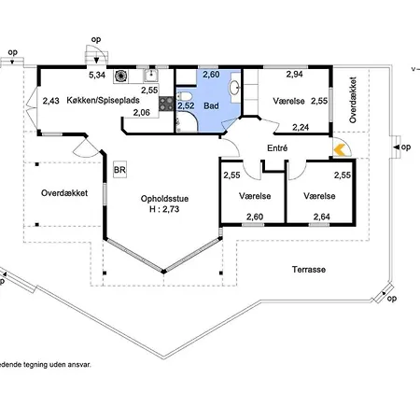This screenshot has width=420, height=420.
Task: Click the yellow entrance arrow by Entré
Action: (340, 150)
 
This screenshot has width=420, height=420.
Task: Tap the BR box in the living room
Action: (119, 170)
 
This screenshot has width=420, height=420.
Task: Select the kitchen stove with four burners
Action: (166, 104)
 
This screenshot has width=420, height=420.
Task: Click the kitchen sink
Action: (151, 76)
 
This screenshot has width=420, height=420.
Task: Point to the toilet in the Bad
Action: (183, 96)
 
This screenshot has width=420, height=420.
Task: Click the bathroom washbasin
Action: (234, 87)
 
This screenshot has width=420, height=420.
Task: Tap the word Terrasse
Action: (309, 270)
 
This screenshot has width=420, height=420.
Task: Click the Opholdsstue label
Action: (164, 199)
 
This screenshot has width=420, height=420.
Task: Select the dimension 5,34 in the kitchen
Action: (97, 75)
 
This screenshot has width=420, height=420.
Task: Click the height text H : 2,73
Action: (164, 209)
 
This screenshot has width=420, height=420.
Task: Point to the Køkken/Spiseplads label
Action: (103, 100)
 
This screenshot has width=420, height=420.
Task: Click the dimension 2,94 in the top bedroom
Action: (294, 74)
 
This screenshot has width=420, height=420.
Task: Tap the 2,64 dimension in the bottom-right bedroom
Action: (322, 217)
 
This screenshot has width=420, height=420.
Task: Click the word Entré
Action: (277, 148)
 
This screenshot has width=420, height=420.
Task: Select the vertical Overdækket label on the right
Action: (353, 100)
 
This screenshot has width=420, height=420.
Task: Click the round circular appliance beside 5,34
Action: (120, 76)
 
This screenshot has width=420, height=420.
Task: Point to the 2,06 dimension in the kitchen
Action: (142, 113)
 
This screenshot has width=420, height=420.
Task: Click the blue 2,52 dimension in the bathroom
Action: (186, 105)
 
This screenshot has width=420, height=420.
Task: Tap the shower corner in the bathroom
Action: (186, 122)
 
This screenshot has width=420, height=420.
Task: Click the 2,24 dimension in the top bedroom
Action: (301, 127)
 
